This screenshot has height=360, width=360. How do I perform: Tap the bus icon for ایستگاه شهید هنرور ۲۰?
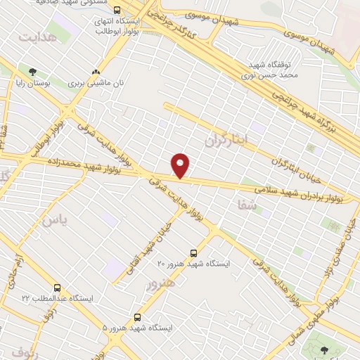194,252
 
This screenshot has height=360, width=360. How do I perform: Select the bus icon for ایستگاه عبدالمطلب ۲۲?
57,288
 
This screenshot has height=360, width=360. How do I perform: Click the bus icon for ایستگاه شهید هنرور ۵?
137,317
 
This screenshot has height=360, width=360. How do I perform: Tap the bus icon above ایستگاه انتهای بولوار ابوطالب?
117,11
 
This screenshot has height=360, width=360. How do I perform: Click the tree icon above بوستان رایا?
32,71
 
